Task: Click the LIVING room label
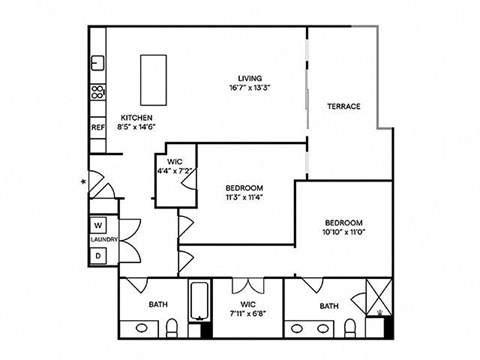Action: coord(250,79)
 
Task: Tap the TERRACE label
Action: coord(343,107)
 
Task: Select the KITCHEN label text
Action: coord(136,118)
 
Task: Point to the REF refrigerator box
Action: coord(98,128)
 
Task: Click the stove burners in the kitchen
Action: coord(98,94)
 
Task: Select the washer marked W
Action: coord(99,225)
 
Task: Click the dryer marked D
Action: coord(99,256)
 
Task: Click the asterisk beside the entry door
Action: coord(84,182)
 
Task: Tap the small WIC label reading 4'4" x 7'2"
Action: coord(175,171)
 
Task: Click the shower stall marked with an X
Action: coord(378,299)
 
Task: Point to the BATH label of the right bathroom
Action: coord(329,305)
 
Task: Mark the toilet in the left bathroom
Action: coord(171,325)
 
